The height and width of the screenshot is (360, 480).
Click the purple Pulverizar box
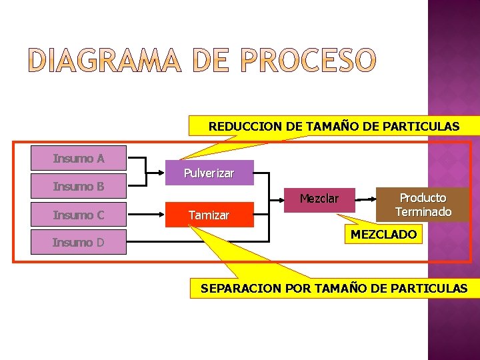209,173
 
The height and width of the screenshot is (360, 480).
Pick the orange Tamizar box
209,215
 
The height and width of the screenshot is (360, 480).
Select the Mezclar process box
319,199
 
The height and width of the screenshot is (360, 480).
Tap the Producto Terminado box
423,205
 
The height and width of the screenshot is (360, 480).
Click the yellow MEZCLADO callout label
383,235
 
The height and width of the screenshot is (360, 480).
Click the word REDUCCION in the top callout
239,126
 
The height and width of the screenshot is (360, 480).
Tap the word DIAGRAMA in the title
105,61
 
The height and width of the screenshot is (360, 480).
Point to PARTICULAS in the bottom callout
433,289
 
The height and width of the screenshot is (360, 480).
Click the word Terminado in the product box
423,212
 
